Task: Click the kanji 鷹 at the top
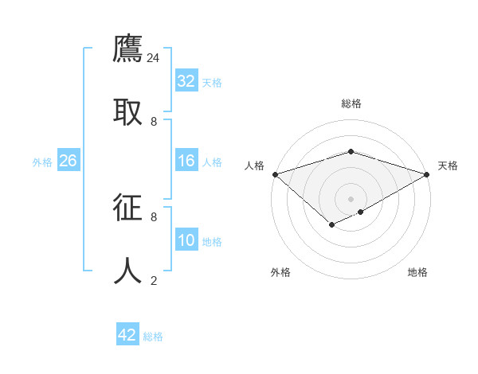127,49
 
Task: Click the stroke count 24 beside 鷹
154,58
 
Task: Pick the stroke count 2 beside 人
154,280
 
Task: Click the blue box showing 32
186,81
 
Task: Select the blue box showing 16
186,162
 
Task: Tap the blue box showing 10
186,241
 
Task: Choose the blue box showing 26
68,162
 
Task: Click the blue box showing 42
127,335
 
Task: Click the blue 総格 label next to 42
153,337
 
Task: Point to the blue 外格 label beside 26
42,162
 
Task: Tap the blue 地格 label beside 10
212,242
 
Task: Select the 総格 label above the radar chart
351,103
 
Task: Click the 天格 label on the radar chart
448,166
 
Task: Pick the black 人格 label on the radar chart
254,166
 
